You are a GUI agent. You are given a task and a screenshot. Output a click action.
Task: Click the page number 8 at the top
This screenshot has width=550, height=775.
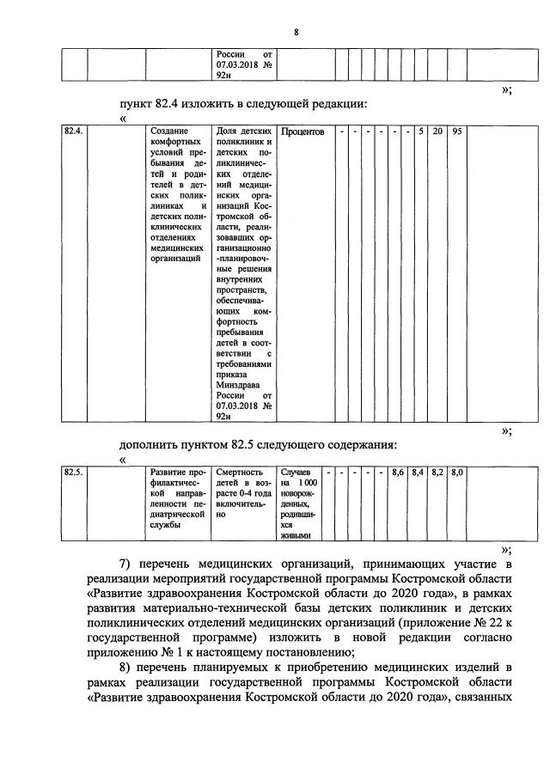(x=295, y=32)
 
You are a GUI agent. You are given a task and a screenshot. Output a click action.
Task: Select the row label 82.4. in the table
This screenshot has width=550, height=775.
(x=74, y=131)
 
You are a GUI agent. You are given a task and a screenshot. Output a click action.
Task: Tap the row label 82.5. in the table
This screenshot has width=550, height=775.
(x=74, y=471)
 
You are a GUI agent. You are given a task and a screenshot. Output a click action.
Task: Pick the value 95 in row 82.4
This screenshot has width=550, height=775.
(x=457, y=131)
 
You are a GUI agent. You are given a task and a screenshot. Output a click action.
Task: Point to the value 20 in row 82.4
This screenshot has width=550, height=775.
(x=438, y=131)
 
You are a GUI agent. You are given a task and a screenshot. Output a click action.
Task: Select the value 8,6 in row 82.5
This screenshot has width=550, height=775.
(x=398, y=471)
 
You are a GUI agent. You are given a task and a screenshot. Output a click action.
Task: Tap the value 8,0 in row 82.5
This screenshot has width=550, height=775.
(x=457, y=471)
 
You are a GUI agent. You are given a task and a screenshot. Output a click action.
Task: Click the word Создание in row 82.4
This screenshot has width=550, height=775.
(x=170, y=131)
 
